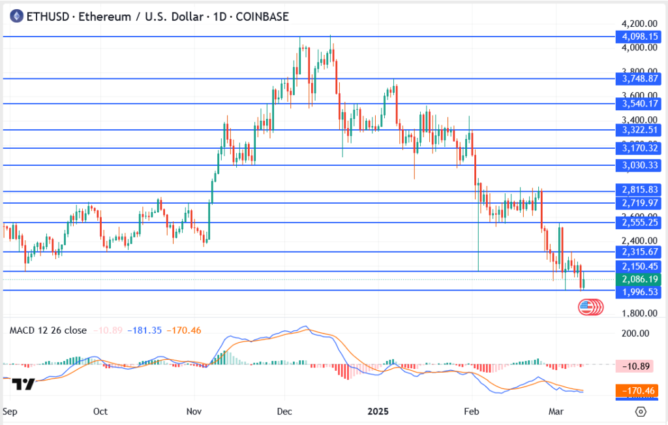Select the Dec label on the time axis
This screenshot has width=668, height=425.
pyautogui.click(x=284, y=413)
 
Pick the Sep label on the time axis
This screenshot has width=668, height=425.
pyautogui.click(x=10, y=413)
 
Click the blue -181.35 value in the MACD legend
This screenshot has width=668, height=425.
pyautogui.click(x=146, y=330)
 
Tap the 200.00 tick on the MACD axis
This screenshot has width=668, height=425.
pyautogui.click(x=635, y=334)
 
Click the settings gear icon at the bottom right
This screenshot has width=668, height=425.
pyautogui.click(x=641, y=412)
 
